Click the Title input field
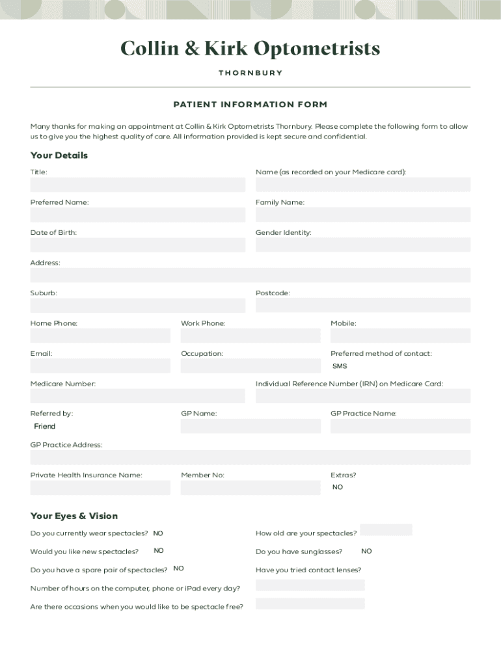(x=137, y=185)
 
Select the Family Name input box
(x=362, y=215)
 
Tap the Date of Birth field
(x=137, y=245)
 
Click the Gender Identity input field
(x=362, y=245)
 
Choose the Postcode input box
(x=362, y=305)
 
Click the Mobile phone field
(x=400, y=336)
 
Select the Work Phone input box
(x=251, y=336)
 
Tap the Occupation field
(x=251, y=366)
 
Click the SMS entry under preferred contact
(x=340, y=366)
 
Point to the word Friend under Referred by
(x=45, y=427)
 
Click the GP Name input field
(x=251, y=426)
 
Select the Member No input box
(x=251, y=487)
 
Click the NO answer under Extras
(x=338, y=487)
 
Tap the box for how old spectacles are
(x=386, y=530)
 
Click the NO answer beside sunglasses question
(x=366, y=552)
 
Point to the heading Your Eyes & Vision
(x=74, y=516)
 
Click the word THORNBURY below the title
(x=251, y=73)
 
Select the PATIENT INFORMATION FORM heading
(x=251, y=105)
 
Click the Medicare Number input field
(x=137, y=395)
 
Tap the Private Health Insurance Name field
(x=100, y=487)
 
